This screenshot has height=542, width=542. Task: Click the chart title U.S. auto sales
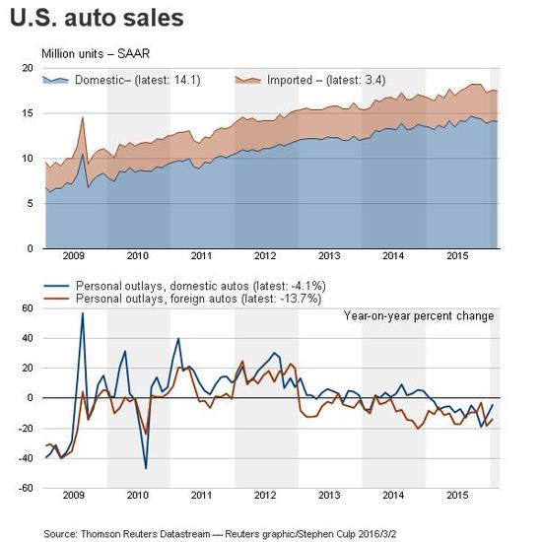97,18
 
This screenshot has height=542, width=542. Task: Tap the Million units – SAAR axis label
96,54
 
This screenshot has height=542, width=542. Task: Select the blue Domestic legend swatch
55,80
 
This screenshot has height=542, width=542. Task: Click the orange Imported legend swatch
247,80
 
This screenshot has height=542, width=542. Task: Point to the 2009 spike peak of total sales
82,117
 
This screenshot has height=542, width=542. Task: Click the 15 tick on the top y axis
28,113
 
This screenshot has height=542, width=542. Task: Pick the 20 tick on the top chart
28,68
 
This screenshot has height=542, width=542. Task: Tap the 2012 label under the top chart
265,256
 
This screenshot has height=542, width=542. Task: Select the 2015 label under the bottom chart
457,496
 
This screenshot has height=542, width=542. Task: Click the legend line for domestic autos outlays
56,286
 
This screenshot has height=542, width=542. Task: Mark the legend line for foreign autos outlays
56,299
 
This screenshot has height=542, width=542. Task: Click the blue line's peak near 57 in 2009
83,313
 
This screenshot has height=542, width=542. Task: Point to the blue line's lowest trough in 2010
146,469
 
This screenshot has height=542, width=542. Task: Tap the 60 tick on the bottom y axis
28,308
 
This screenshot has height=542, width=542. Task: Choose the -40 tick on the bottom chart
26,458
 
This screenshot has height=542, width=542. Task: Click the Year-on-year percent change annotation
419,316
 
